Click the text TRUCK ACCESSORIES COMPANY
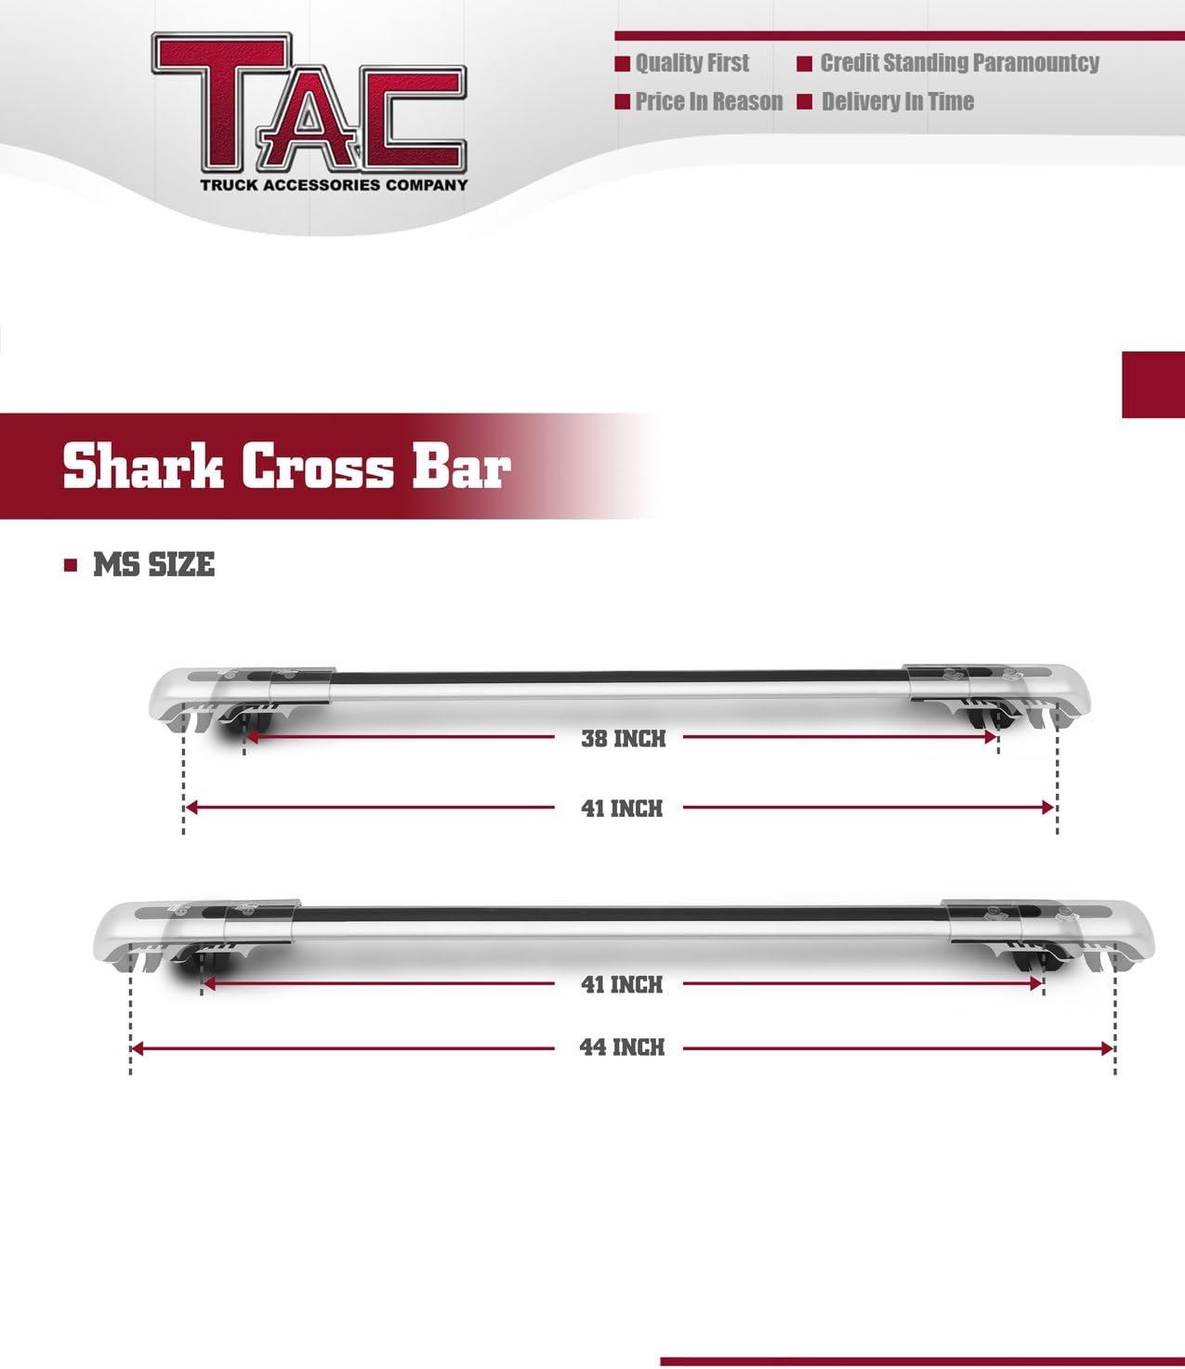[x=334, y=185]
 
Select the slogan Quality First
[x=692, y=63]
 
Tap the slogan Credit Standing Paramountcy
[x=960, y=63]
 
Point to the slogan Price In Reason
[x=709, y=101]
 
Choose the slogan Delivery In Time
[x=898, y=101]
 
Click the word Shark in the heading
[x=142, y=467]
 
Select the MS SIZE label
[x=153, y=565]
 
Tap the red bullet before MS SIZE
[x=71, y=566]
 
